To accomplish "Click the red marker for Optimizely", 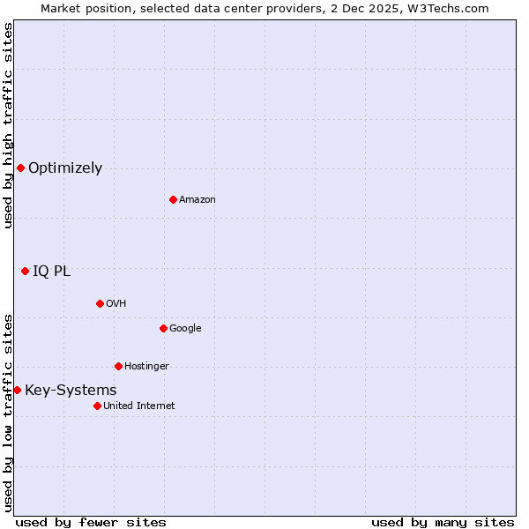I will point(20,168).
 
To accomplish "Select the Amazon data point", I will point(173,199).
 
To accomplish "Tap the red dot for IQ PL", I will point(25,271).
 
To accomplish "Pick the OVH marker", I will point(100,303).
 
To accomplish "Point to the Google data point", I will point(163,328).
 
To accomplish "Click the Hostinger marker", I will point(118,366).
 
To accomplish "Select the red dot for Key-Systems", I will point(17,390).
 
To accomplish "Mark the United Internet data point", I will point(97,406).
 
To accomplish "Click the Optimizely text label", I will point(65,168).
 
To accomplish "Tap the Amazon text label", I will point(197,200).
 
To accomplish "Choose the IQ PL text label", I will point(51,272).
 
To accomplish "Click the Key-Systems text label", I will point(71,391).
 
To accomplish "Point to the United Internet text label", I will point(139,406).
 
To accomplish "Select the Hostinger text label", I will point(146,367).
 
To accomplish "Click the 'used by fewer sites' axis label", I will point(91,522).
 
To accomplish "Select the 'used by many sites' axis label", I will point(443,522).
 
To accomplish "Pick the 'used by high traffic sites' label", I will point(8,126).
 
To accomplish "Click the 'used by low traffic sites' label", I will point(8,412).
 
